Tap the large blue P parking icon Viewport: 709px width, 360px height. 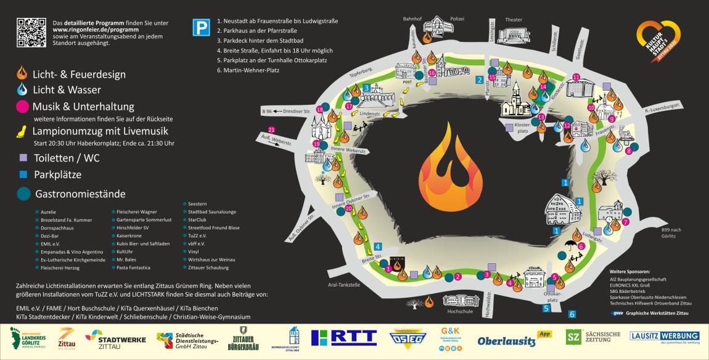click(200, 28)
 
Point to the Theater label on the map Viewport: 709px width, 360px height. click(513, 20)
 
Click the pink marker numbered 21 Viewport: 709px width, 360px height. click(272, 129)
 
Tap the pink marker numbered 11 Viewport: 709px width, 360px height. click(576, 77)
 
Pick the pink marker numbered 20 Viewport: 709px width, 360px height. click(349, 208)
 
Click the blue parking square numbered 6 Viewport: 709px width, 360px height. click(572, 314)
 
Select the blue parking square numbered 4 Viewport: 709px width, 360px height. click(378, 247)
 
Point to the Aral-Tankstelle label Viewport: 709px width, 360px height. click(343, 285)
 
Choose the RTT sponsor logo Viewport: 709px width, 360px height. click(343, 338)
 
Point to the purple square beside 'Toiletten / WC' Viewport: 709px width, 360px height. click(23, 158)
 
